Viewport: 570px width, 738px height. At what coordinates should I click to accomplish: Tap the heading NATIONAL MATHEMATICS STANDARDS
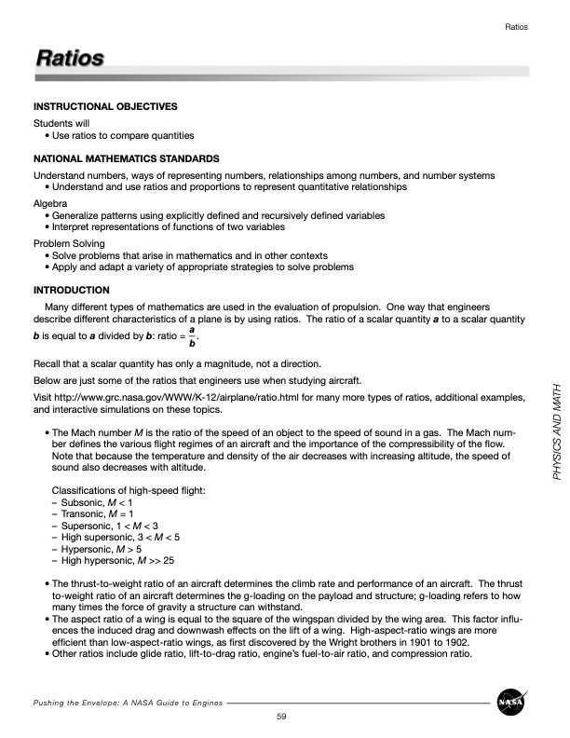(x=126, y=159)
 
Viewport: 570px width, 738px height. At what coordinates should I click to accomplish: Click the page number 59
(x=281, y=716)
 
